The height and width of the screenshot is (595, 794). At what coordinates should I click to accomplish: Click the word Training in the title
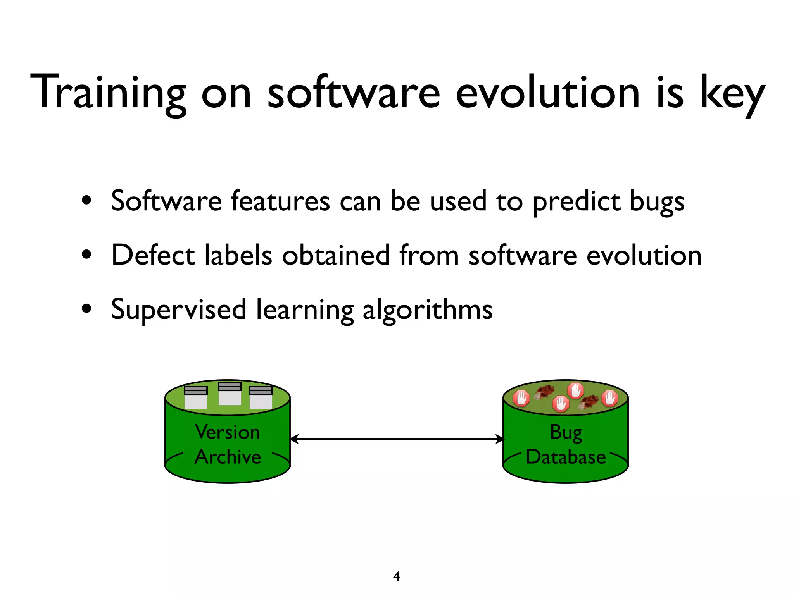coord(108,93)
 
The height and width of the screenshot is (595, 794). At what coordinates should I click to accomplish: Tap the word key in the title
coord(732,95)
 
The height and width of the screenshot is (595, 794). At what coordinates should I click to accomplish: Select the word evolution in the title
coord(547,93)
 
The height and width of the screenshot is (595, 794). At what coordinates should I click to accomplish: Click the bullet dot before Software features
coord(87,201)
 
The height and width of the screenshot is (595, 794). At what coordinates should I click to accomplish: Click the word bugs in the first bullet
coord(657,202)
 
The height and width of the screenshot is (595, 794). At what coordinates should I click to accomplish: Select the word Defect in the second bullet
coord(153,255)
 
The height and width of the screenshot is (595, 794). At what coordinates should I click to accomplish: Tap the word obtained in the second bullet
coord(335,255)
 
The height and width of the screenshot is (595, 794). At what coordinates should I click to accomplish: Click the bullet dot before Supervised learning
coord(87,309)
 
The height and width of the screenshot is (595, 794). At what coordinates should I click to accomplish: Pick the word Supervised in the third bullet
coord(179,309)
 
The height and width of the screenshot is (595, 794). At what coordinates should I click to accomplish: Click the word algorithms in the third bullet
coord(427,310)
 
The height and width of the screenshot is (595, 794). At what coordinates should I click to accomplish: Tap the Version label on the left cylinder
coord(228,432)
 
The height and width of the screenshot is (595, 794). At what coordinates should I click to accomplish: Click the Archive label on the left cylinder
coord(228,457)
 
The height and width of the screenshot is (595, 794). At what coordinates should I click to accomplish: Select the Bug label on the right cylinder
coord(566,432)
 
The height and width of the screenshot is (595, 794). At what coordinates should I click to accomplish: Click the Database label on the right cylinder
coord(566,457)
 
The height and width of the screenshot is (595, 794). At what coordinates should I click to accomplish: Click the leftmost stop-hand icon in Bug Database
coord(521,398)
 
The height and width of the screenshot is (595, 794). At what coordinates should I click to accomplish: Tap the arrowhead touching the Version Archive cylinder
coord(294,439)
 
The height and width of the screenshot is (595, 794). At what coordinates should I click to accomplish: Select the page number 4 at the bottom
coord(396,576)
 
